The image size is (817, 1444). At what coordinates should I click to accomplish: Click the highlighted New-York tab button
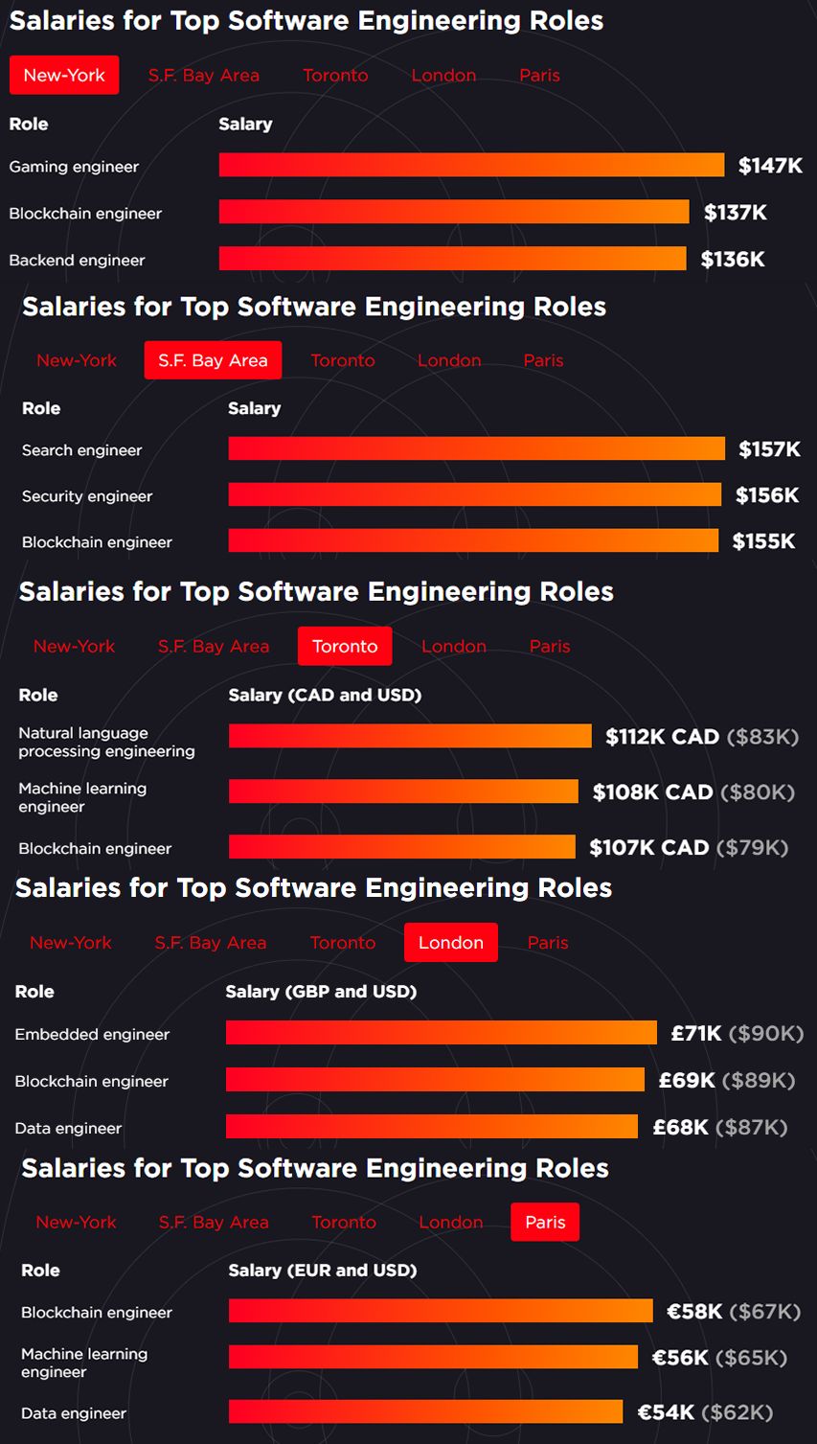[x=64, y=75]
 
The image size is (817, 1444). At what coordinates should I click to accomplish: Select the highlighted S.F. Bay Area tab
[x=213, y=360]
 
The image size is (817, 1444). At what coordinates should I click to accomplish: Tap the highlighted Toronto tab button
[x=345, y=646]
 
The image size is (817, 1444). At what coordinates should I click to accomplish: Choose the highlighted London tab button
[x=450, y=942]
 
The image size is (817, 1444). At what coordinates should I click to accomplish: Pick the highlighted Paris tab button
[x=545, y=1222]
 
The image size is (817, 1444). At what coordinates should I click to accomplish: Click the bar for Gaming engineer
[x=471, y=165]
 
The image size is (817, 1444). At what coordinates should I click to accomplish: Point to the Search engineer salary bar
[x=476, y=448]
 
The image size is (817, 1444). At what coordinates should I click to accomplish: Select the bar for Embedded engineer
[x=441, y=1032]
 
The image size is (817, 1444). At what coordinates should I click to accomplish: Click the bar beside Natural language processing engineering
[x=409, y=736]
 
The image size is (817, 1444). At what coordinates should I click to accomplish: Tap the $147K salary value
[x=770, y=166]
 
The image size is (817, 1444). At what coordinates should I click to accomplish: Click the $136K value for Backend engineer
[x=733, y=259]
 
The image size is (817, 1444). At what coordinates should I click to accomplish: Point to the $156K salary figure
[x=766, y=494]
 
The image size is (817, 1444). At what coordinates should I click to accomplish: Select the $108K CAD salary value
[x=652, y=792]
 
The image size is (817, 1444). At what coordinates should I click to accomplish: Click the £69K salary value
[x=687, y=1080]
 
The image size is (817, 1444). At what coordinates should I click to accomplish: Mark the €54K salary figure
[x=666, y=1411]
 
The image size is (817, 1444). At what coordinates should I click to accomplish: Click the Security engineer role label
[x=87, y=496]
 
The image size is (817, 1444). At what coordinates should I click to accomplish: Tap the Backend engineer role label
[x=77, y=260]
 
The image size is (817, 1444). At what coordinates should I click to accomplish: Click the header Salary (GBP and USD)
[x=321, y=991]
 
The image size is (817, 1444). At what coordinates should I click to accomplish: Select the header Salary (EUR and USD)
[x=322, y=1270]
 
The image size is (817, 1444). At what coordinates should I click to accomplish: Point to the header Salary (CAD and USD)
[x=325, y=695]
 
